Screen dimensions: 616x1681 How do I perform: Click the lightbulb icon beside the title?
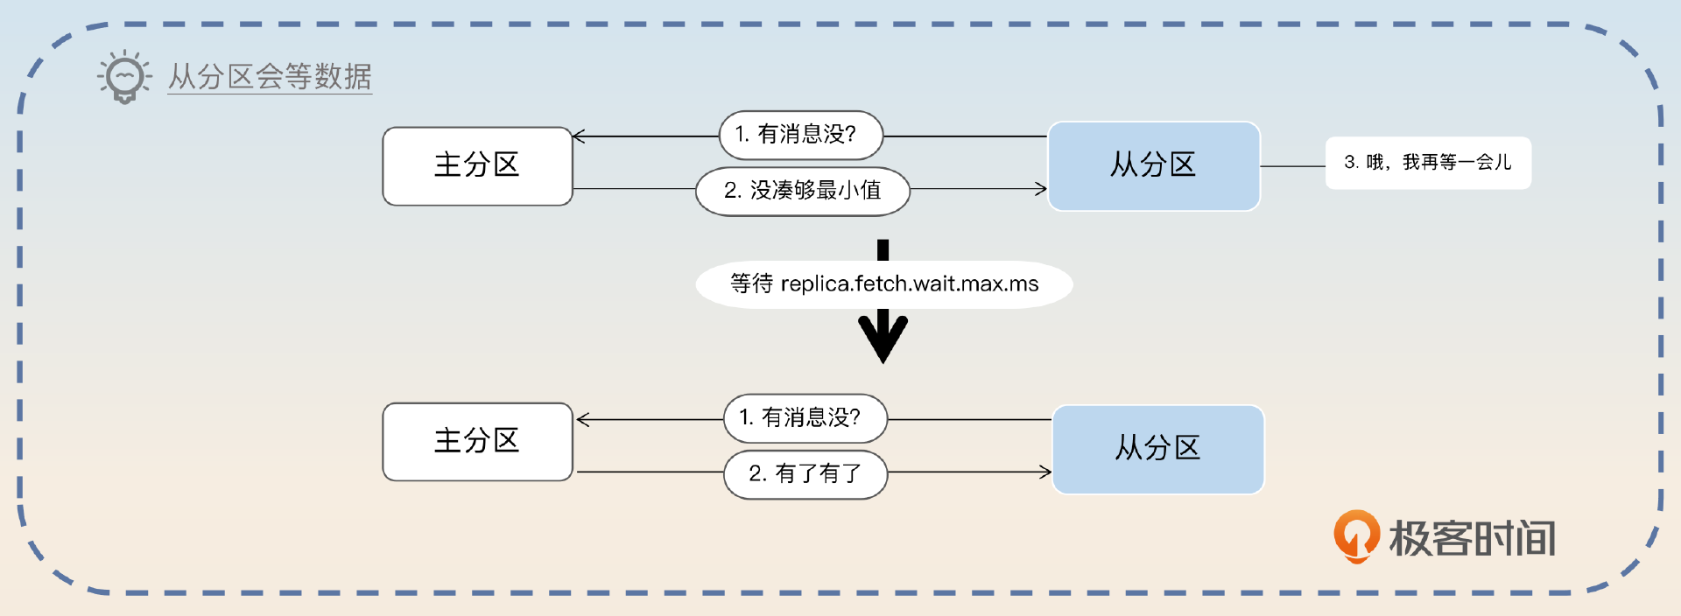tap(124, 77)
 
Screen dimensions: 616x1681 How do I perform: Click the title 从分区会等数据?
tap(270, 77)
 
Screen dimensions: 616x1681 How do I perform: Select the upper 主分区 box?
tap(477, 166)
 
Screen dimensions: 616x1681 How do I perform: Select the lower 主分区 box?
tap(477, 441)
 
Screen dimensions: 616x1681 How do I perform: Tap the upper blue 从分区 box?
tap(1153, 165)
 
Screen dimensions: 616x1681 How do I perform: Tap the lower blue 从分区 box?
tap(1157, 449)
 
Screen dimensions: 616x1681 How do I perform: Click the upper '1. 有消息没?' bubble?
tap(800, 135)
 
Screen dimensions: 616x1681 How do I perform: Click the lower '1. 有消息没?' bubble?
tap(805, 418)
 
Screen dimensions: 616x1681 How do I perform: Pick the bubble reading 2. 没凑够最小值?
tap(802, 191)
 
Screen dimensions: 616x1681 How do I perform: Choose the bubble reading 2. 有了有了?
tap(805, 474)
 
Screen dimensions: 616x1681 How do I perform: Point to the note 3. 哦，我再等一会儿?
tap(1427, 163)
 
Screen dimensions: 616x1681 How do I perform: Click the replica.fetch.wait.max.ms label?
tap(883, 284)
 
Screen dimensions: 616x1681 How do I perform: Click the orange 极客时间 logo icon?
tap(1355, 535)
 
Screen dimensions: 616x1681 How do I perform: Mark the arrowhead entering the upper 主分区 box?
tap(578, 136)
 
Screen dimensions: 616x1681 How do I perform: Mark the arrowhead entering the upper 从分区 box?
tap(1041, 188)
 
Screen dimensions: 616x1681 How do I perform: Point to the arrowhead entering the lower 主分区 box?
tap(583, 420)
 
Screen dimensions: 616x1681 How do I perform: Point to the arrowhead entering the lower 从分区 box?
tap(1045, 472)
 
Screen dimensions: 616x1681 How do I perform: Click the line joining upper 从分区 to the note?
tap(1292, 165)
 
